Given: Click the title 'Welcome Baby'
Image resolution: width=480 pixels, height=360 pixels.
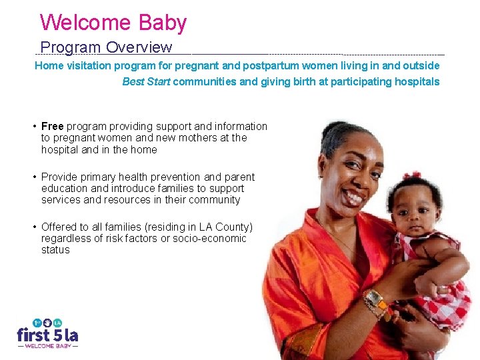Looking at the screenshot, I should click(113, 23).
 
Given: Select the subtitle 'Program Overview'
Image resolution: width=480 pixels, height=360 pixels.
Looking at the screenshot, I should click(106, 48).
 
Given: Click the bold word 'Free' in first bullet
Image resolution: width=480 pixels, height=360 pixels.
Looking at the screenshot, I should click(52, 126).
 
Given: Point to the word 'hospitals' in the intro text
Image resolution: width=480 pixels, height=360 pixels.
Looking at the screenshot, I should click(417, 81).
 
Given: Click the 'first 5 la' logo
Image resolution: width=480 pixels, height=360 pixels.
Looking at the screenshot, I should click(47, 331).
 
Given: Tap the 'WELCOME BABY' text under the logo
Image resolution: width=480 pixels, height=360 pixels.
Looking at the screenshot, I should click(47, 346).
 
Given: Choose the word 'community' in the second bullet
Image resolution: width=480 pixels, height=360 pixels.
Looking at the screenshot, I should click(217, 199).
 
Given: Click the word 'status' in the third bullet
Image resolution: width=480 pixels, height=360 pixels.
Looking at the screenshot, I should click(55, 249).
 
